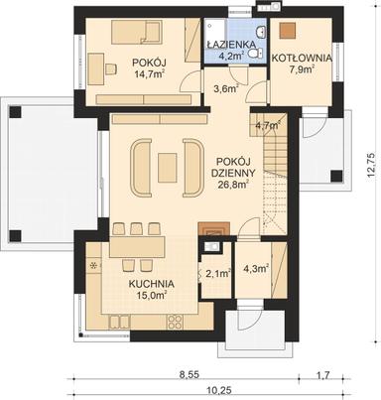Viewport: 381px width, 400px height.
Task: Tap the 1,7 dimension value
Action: coord(322,377)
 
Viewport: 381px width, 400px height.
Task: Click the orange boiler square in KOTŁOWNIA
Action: coord(287,30)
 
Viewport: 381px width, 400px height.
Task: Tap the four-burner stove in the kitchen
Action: coord(176,322)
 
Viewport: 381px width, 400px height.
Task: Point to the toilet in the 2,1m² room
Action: coord(211,247)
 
